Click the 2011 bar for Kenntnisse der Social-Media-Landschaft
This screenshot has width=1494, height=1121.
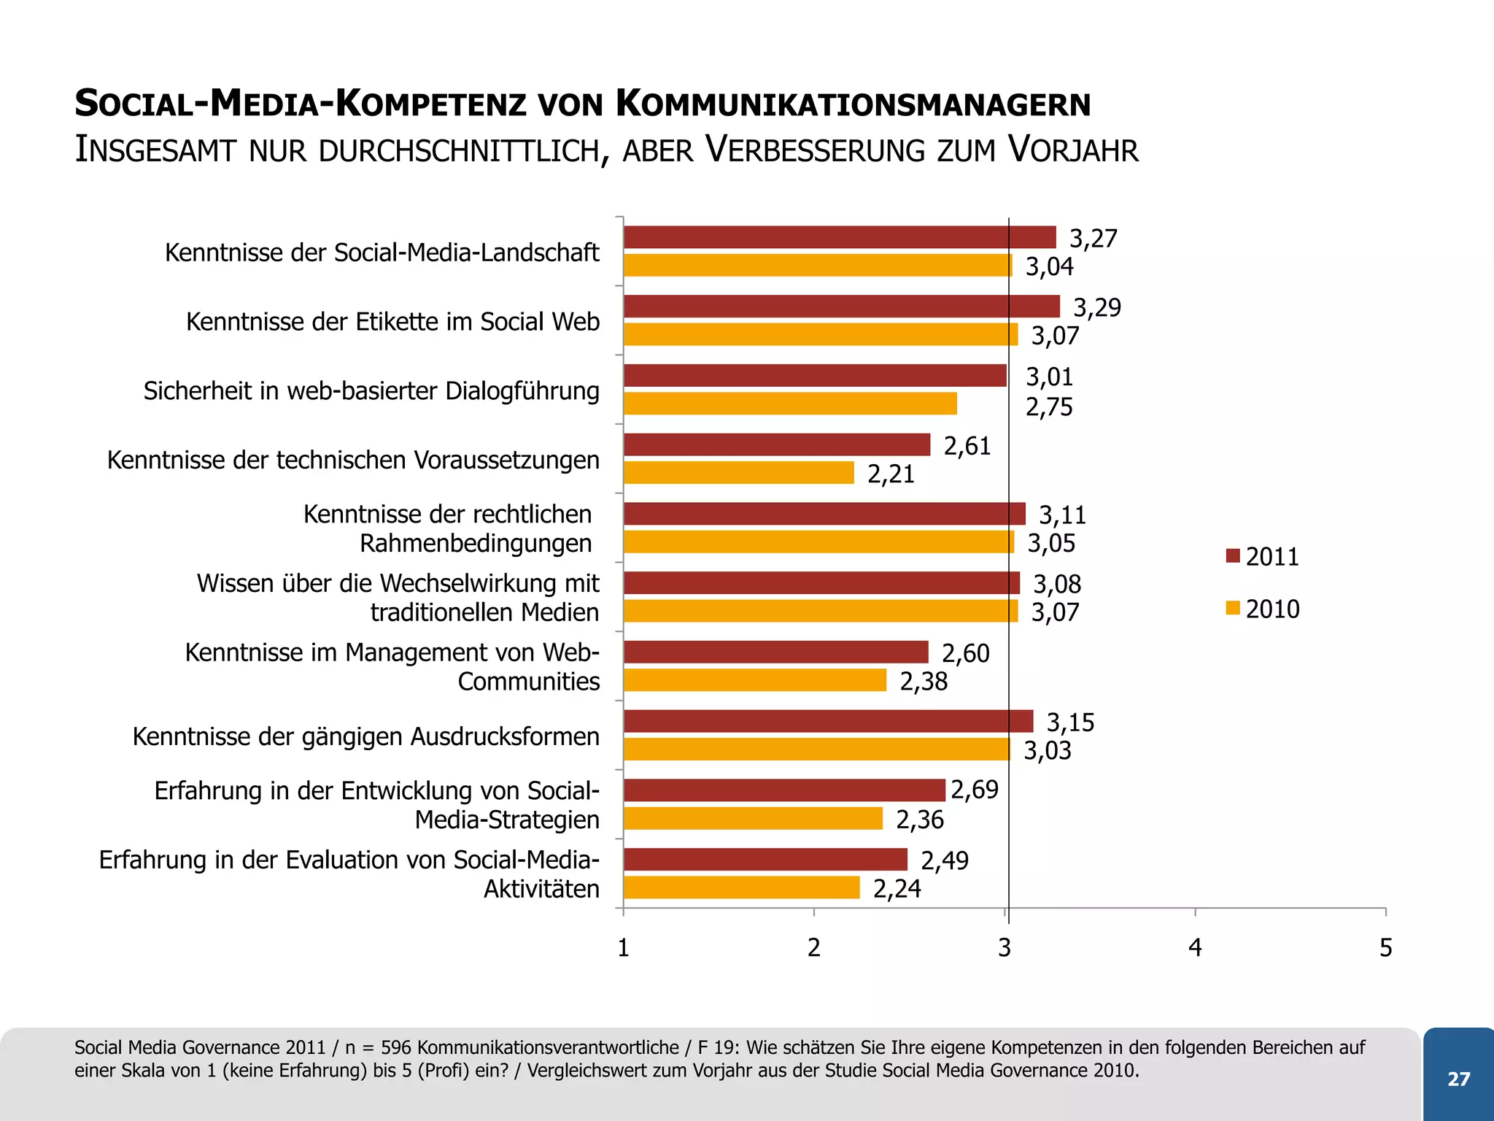coord(839,237)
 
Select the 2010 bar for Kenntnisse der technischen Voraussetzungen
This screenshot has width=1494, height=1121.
coord(738,473)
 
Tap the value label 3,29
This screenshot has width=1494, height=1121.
coord(1096,307)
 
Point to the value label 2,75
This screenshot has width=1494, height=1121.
coord(1049,407)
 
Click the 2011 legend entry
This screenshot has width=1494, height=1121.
coord(1263,557)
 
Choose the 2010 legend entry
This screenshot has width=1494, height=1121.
coord(1263,609)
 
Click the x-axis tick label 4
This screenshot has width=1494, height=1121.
coord(1195,947)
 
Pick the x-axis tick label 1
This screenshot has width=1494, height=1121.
coord(623,947)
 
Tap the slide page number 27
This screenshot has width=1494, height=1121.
coord(1458,1079)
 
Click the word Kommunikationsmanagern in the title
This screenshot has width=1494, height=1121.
coord(853,104)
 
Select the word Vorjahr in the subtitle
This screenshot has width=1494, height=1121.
coord(1072,150)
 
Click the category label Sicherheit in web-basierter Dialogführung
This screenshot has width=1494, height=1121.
coord(371,391)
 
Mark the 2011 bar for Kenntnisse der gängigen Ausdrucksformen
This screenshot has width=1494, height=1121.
coord(828,721)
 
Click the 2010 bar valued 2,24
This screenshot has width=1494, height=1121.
coord(741,887)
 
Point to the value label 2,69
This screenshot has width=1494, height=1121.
coord(974,790)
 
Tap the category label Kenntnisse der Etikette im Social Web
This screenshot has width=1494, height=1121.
coord(392,322)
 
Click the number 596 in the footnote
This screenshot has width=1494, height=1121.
coord(396,1047)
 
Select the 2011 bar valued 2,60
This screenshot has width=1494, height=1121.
coord(775,652)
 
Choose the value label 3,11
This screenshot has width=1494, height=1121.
coord(1062,515)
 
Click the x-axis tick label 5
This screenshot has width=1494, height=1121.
coord(1385,947)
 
